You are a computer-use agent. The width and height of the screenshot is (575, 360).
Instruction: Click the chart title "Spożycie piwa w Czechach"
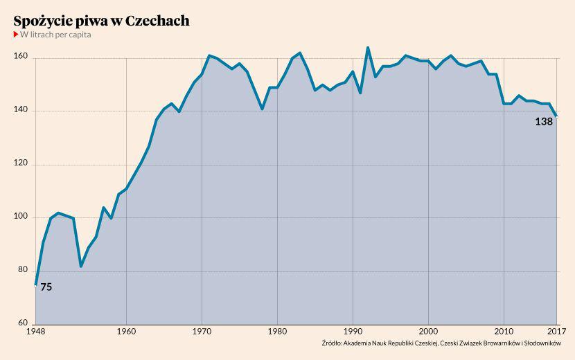101,21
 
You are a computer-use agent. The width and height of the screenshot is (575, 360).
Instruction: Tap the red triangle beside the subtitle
16,35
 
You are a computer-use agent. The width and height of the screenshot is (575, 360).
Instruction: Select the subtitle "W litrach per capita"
55,35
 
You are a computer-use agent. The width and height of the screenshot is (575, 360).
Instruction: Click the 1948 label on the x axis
35,331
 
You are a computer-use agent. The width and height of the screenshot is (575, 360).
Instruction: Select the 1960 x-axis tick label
126,331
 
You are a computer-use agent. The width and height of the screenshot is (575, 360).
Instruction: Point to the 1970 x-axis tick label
202,331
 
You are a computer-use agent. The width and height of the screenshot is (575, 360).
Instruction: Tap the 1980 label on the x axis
277,331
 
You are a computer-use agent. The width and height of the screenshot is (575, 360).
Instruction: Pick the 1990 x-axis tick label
353,331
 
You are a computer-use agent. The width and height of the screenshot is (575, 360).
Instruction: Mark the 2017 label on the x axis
556,331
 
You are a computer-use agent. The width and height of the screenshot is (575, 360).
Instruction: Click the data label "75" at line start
46,287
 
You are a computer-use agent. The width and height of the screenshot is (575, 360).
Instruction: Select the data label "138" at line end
544,121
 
